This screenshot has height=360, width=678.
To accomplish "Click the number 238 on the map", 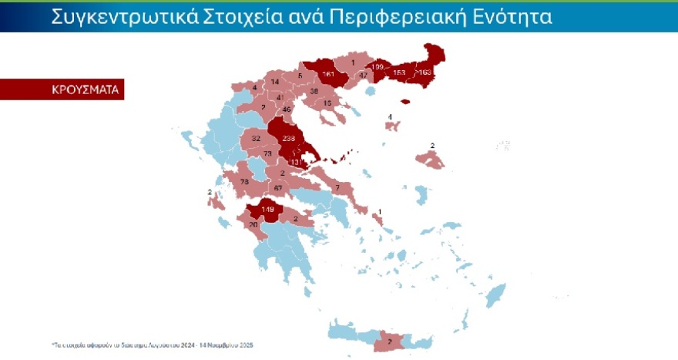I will (290, 139).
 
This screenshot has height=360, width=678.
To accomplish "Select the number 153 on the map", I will (399, 72).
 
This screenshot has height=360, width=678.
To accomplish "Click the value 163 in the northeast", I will (425, 72).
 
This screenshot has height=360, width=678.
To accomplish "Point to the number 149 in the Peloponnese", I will (269, 209).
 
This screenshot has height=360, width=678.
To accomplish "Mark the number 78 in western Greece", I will (245, 182).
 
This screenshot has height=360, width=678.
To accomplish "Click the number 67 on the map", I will (279, 188).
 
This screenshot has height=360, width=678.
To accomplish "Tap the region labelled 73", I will (268, 154).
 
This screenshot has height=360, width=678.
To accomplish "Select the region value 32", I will (257, 139).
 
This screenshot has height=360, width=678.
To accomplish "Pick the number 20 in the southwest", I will (253, 225).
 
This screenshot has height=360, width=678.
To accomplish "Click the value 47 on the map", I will (363, 76).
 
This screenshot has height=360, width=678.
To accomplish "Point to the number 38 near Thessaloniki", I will (314, 92).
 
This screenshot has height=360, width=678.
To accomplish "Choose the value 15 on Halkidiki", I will (327, 103).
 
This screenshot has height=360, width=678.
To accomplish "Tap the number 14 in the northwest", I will (275, 82).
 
